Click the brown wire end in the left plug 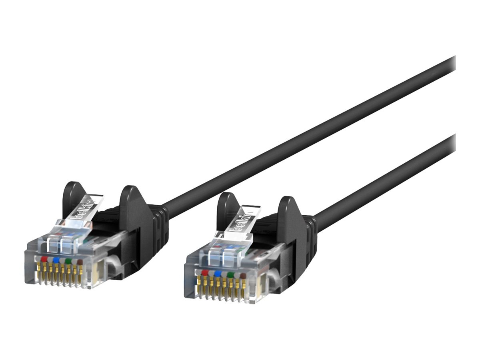point(80,262)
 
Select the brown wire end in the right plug point(242,276)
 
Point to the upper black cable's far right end point(452,64)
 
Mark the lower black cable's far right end point(452,142)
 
